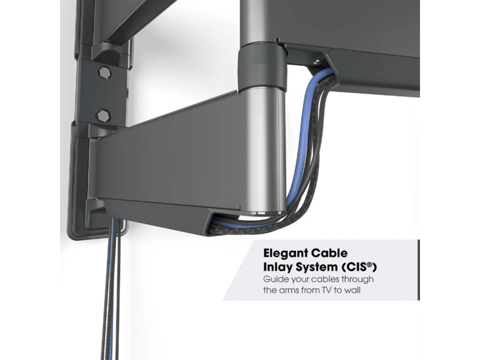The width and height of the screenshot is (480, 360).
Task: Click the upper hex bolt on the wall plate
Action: pyautogui.click(x=104, y=73)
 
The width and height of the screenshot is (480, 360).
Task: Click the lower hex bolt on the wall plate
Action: pyautogui.click(x=103, y=116)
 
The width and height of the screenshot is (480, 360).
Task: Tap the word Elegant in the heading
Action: pyautogui.click(x=286, y=253)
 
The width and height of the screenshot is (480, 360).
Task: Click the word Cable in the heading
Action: pyautogui.click(x=329, y=253)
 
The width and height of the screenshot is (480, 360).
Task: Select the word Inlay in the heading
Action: pyautogui.click(x=277, y=267)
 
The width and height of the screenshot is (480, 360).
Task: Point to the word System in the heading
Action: pyautogui.click(x=316, y=267)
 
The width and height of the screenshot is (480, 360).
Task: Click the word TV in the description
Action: pyautogui.click(x=326, y=290)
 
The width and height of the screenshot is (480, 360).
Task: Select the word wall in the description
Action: pyautogui.click(x=352, y=290)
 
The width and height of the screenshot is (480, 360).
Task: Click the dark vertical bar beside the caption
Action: pyautogui.click(x=418, y=269)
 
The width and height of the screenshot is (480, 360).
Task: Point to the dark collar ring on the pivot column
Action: pyautogui.click(x=263, y=64)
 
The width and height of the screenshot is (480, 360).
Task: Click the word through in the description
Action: pyautogui.click(x=358, y=279)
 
